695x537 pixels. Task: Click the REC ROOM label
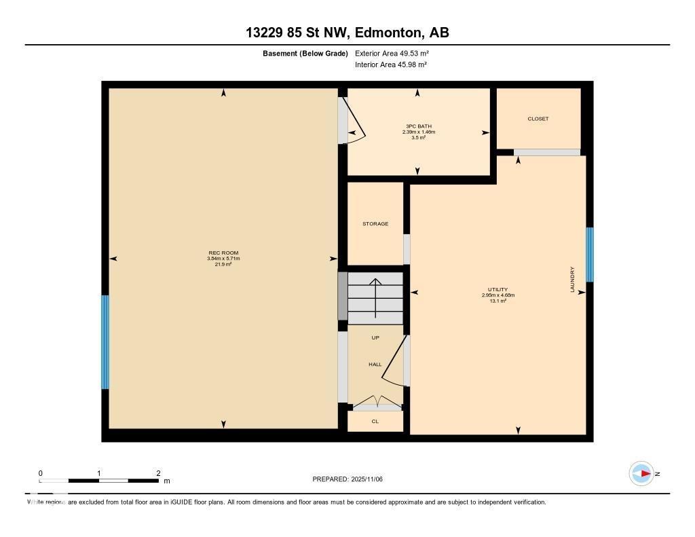(x=223, y=253)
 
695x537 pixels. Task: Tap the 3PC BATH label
(x=418, y=126)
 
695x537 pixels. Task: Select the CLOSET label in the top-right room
(x=538, y=119)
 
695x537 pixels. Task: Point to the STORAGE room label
(x=375, y=223)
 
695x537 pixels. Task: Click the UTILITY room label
(x=497, y=289)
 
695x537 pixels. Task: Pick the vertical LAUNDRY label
(x=572, y=279)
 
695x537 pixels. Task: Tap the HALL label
(x=375, y=365)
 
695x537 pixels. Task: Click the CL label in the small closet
(x=375, y=422)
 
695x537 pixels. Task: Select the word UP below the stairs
(x=375, y=337)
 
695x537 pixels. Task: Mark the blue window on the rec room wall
(x=105, y=341)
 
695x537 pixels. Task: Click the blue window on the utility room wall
(x=590, y=254)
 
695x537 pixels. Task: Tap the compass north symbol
(x=642, y=473)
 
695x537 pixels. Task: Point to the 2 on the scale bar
(x=158, y=473)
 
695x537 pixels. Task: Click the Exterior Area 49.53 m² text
(x=392, y=53)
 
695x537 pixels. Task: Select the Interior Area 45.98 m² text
(x=391, y=64)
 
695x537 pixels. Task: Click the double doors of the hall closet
(x=377, y=401)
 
